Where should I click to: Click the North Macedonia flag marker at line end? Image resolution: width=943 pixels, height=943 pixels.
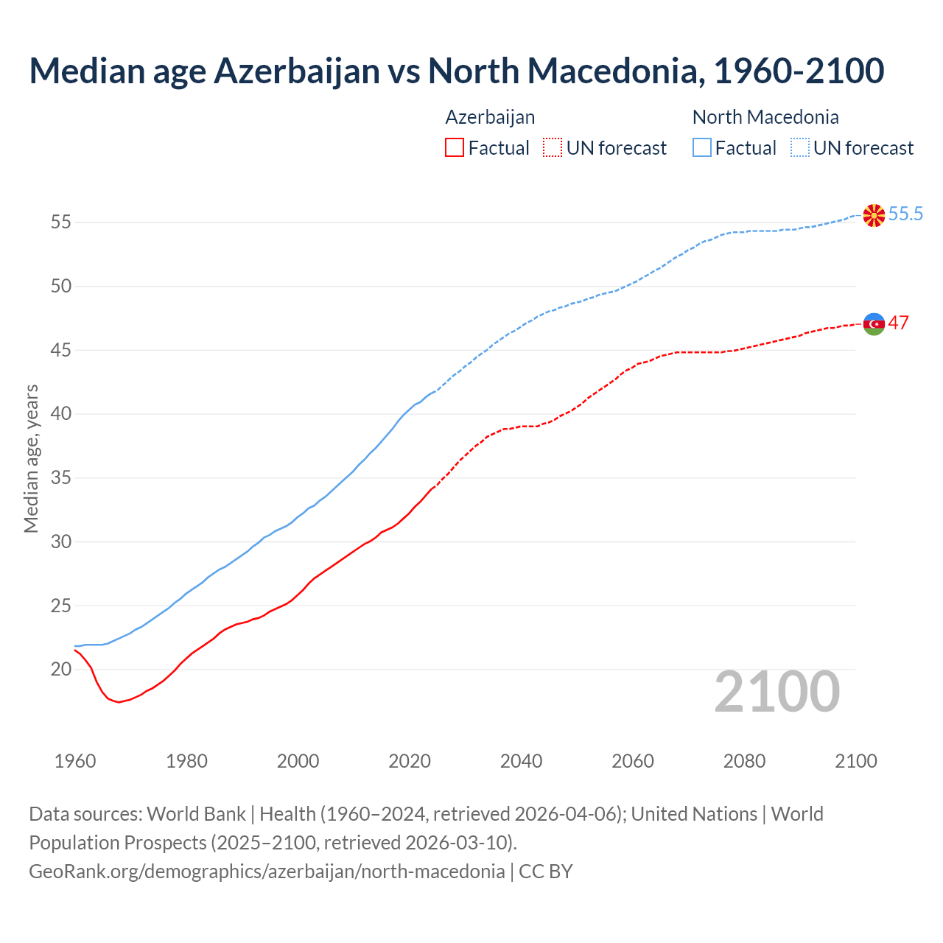[x=874, y=215]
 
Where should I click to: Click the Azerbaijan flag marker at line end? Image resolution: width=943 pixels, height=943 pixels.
[x=874, y=323]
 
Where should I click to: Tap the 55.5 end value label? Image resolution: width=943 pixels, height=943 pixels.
[x=905, y=214]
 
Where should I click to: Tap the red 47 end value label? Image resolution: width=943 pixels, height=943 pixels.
[x=898, y=323]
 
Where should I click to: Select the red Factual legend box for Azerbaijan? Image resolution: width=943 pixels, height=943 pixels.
[x=455, y=148]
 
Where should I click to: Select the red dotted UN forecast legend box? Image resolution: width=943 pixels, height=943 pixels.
[x=553, y=148]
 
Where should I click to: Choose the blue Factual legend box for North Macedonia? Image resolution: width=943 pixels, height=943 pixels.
[x=702, y=148]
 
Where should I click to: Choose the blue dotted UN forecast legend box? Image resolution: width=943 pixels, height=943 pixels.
[x=800, y=148]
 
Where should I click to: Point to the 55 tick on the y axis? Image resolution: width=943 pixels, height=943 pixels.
[x=61, y=222]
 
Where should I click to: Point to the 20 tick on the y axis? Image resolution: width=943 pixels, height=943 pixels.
[x=61, y=669]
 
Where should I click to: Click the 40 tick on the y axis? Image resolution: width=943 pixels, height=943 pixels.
[x=61, y=413]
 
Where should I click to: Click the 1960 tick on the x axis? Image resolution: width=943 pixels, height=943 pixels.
[x=75, y=761]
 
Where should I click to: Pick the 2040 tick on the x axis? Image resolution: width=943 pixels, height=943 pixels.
[x=521, y=761]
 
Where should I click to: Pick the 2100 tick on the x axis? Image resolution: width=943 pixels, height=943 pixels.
[x=856, y=761]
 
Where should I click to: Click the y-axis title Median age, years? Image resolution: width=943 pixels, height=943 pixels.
[x=31, y=458]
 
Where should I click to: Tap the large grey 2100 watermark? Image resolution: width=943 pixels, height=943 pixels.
[x=777, y=691]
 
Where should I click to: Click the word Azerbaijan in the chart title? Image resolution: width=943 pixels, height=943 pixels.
[x=296, y=71]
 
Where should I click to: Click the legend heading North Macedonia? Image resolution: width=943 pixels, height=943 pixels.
[x=765, y=117]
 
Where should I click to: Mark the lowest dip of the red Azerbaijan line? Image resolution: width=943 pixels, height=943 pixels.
[x=119, y=702]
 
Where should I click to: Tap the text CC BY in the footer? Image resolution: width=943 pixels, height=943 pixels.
[x=545, y=872]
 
